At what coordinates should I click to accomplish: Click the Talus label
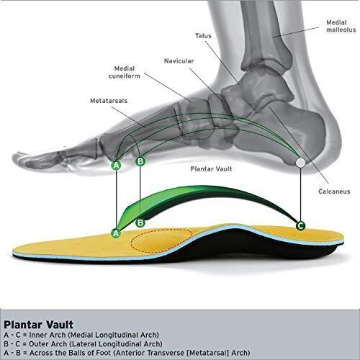203,36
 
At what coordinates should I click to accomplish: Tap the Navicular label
179,61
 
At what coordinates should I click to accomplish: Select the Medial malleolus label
341,26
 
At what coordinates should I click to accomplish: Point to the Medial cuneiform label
124,72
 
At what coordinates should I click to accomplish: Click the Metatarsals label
109,101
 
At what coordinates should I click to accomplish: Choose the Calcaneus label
334,192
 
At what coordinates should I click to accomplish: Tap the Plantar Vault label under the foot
211,169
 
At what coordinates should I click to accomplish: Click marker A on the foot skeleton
116,166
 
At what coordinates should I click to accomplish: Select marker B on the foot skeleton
140,161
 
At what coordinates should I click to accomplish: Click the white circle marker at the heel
300,163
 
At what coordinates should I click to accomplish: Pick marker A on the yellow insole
116,233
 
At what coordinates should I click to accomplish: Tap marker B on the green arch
140,222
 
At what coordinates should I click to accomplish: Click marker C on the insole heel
300,225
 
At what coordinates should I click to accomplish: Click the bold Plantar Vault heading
38,325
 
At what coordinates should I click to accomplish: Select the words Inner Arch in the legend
48,335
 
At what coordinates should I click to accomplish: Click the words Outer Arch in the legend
48,343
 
